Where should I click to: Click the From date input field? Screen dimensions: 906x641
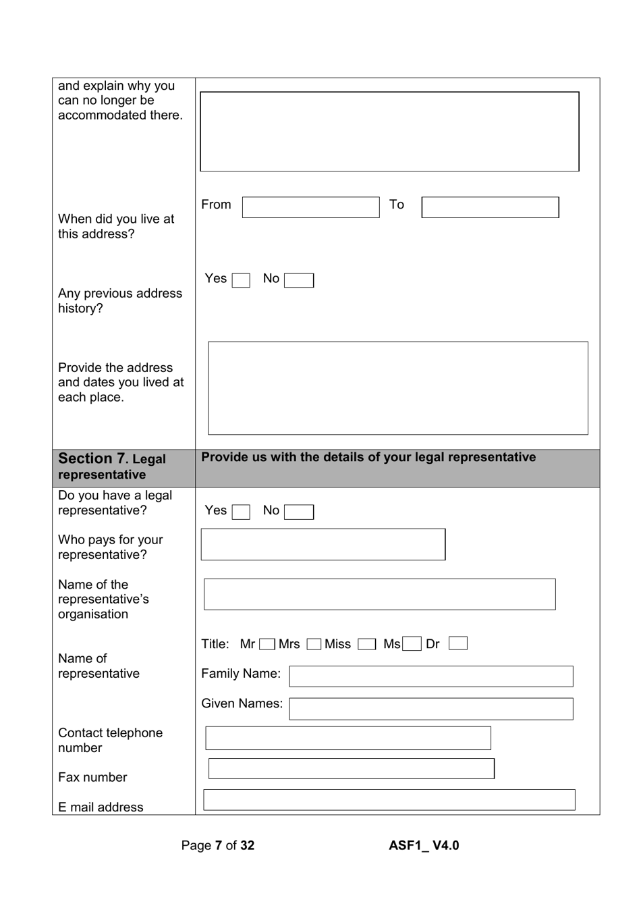tap(310, 207)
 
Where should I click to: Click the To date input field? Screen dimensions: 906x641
tap(490, 207)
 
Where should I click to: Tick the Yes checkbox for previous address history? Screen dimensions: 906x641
tap(241, 280)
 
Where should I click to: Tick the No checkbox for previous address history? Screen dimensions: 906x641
tap(299, 280)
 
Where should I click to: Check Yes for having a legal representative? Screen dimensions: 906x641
tap(241, 512)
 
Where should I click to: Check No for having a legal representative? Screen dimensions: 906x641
tap(299, 512)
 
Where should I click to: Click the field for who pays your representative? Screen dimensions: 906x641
tap(323, 544)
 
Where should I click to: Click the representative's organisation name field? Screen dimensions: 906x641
tap(379, 594)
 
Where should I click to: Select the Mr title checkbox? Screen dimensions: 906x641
tap(267, 644)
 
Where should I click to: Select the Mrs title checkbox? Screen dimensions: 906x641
tap(314, 644)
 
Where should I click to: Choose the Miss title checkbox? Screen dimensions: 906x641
tap(366, 644)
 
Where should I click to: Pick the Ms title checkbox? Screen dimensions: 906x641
tap(412, 644)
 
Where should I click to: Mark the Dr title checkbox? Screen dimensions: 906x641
tap(457, 643)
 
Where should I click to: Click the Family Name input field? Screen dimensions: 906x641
tap(430, 676)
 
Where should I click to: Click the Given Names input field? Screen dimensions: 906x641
tap(430, 708)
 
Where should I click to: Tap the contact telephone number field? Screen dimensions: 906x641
tap(347, 738)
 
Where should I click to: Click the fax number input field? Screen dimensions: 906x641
tap(351, 768)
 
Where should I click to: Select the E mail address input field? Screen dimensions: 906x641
tap(389, 799)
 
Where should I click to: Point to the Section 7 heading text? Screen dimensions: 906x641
tap(112, 466)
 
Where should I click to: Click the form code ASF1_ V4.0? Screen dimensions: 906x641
tap(424, 845)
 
